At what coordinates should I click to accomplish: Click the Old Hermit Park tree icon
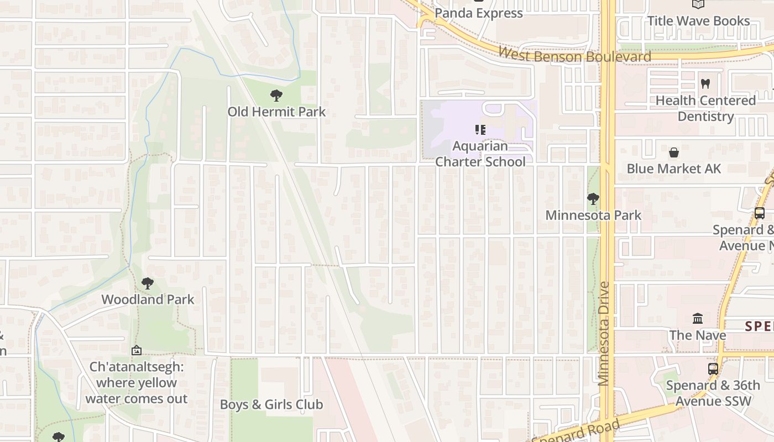(276, 96)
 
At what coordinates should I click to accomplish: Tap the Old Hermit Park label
(276, 112)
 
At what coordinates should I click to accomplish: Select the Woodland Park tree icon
(147, 283)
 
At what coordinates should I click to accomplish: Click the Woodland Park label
(148, 299)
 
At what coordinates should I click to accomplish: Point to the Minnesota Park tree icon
(593, 198)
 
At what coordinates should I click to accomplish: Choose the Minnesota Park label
(593, 215)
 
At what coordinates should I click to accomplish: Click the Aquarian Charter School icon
(480, 130)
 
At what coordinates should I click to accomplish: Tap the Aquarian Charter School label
(480, 154)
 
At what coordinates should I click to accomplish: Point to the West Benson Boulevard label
(574, 56)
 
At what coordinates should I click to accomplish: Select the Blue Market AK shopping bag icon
(673, 152)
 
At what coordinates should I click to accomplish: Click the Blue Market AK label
(673, 169)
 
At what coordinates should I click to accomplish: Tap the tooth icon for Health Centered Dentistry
(705, 84)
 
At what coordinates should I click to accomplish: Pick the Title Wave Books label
(698, 21)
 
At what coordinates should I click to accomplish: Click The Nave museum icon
(698, 319)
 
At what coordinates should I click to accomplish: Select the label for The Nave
(698, 335)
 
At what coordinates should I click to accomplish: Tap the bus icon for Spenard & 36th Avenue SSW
(713, 369)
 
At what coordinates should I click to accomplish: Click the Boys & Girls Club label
(271, 404)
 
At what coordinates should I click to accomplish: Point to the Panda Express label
(479, 13)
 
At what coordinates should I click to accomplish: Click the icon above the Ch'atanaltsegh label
(137, 350)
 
